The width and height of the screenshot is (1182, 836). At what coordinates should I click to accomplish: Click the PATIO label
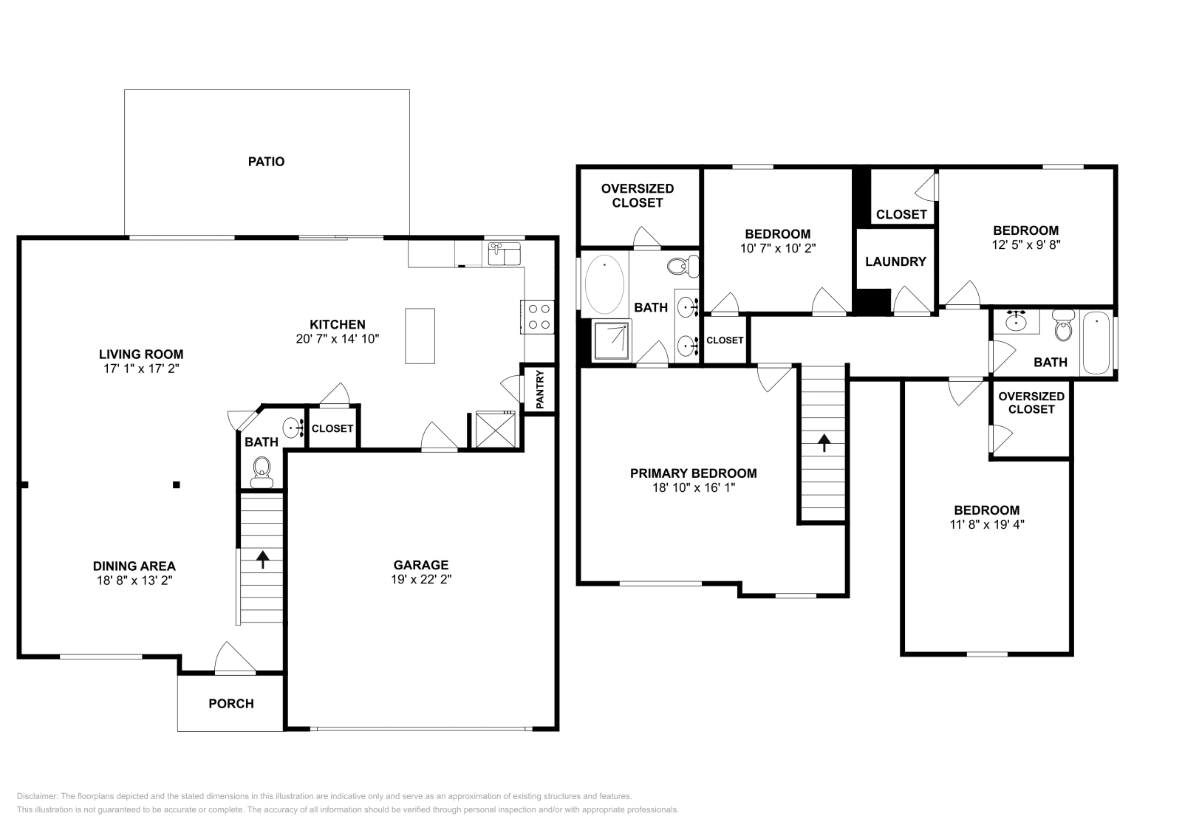[266, 162]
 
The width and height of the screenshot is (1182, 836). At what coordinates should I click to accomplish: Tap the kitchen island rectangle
[420, 336]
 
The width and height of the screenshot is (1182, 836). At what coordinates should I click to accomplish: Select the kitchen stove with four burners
[538, 317]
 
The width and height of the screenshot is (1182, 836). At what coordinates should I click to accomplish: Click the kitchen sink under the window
[505, 254]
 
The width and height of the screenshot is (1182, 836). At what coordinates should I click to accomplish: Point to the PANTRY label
[540, 389]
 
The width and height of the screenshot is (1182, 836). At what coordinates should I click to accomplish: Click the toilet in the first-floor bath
[262, 469]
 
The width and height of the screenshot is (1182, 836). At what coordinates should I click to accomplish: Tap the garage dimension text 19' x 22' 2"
[421, 580]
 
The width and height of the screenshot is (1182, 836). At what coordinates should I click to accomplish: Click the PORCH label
[231, 704]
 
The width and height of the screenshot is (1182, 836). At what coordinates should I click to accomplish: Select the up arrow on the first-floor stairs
[262, 559]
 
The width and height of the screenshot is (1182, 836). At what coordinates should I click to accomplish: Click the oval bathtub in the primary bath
[604, 284]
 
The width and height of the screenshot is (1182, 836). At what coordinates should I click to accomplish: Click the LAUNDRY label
[895, 261]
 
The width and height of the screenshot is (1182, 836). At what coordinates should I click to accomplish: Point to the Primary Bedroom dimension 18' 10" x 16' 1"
[693, 487]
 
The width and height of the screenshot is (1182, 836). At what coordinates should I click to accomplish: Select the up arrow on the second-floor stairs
[823, 442]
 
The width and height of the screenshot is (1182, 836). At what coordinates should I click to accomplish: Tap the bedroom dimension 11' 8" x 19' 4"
[987, 524]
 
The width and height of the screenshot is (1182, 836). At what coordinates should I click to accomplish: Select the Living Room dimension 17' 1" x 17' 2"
[141, 368]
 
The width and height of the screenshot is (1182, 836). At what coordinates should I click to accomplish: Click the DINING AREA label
[134, 566]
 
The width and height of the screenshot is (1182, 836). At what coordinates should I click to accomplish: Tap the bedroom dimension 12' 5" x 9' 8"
[1025, 244]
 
